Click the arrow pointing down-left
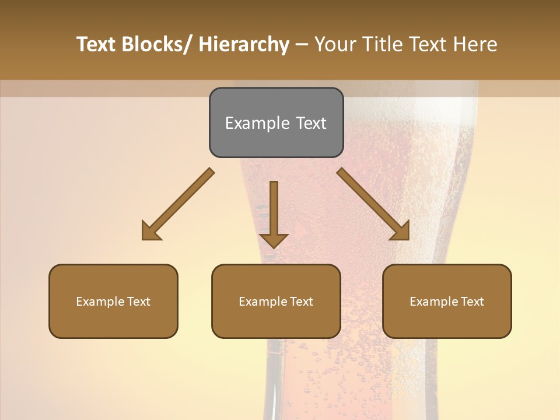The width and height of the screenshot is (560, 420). point(178,204)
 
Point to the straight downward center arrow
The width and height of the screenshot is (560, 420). point(274,213)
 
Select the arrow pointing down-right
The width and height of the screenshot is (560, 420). point(373,204)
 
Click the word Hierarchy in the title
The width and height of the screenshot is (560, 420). point(244,44)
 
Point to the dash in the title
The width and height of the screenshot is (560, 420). point(302,45)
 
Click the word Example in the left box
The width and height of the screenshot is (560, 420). point(100,302)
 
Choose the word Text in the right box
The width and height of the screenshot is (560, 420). point(472,302)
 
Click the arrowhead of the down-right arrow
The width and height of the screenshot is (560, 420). point(401,231)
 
